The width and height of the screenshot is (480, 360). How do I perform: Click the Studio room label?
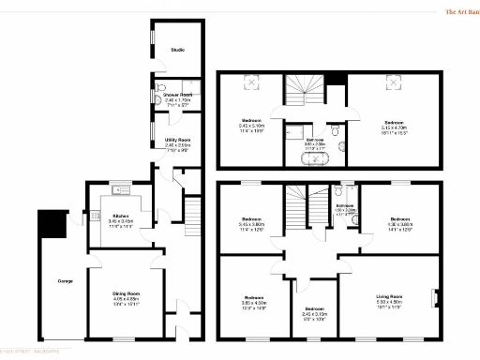click(x=176, y=50)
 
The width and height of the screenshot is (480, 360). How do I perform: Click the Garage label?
click(x=66, y=280)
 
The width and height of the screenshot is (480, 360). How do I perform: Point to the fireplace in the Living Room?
click(x=433, y=300)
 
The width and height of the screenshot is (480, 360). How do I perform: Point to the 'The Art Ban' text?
click(x=462, y=12)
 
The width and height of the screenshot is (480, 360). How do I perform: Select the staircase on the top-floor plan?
click(x=304, y=93)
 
